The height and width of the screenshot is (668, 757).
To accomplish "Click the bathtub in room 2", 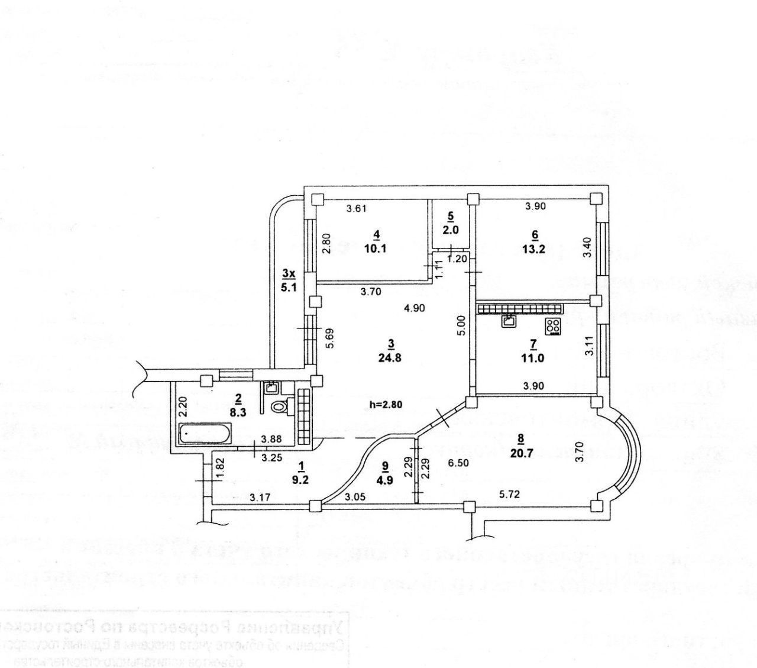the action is (204, 435).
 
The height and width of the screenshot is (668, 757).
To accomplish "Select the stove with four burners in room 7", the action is (553, 325).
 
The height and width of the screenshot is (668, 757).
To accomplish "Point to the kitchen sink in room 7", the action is (509, 321).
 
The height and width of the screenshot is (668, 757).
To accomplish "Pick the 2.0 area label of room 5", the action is (450, 231).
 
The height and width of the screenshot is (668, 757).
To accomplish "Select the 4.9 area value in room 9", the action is (386, 480).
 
